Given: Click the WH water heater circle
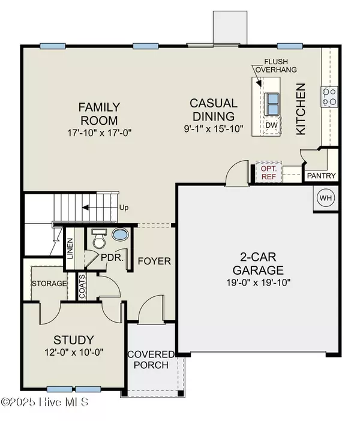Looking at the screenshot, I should (325, 197).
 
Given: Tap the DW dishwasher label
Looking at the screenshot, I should (271, 125).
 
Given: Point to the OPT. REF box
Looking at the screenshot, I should (268, 172).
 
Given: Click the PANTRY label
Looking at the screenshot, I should (322, 176).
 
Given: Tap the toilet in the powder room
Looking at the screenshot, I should (97, 240).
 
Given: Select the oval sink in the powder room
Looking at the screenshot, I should (120, 234).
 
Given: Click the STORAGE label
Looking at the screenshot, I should (49, 283).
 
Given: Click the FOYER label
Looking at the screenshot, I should (154, 261).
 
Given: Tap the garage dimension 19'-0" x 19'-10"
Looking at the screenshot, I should (259, 284).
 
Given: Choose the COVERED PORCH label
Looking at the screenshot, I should (150, 359).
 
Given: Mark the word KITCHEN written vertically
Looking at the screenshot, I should (301, 108).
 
